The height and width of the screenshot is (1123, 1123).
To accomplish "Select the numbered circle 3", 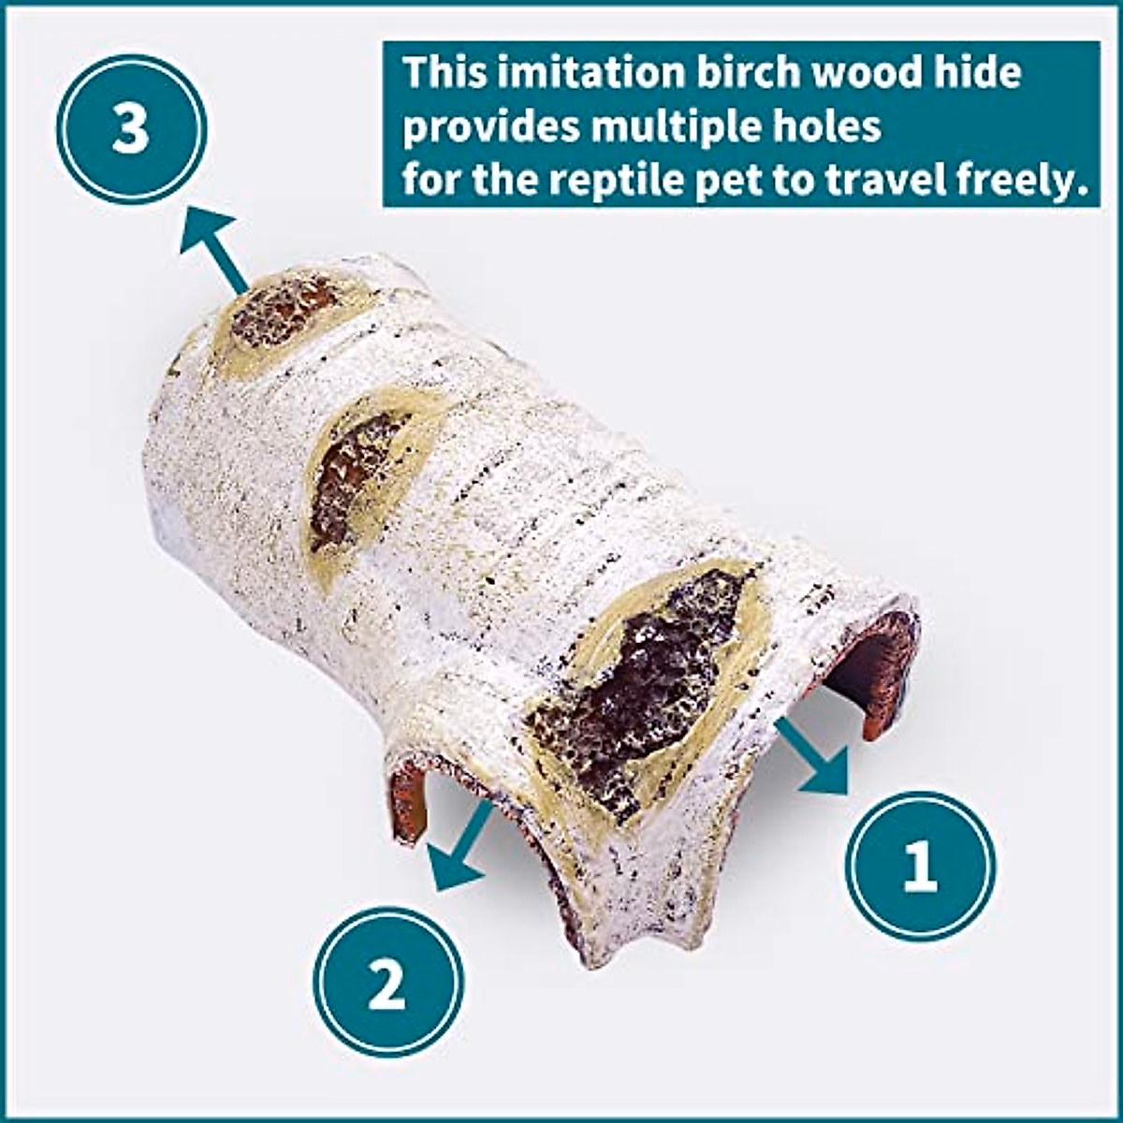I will coord(130,128).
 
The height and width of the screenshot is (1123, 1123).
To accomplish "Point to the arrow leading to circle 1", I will coord(812,756).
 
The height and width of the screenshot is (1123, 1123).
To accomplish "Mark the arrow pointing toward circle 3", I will coord(213,249).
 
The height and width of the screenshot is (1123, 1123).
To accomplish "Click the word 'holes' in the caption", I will coord(834,126).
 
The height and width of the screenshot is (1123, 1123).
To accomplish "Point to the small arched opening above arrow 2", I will coord(409,795).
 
